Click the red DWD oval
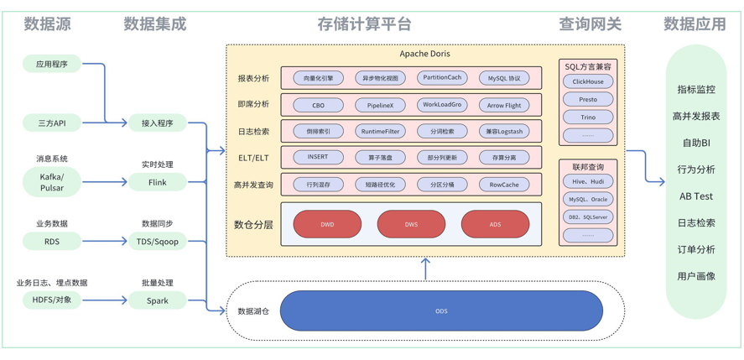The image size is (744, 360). tap(327, 224)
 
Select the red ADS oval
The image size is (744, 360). tap(495, 224)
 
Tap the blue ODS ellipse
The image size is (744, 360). tap(441, 311)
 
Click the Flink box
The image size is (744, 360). tap(157, 182)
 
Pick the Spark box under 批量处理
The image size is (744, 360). tap(157, 300)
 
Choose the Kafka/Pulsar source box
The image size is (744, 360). tap(52, 182)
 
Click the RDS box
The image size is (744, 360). tap(52, 242)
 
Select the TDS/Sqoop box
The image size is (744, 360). tap(157, 242)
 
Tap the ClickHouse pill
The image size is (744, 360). tap(588, 81)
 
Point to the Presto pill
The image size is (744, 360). tap(588, 99)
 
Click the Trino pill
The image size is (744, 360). tap(588, 117)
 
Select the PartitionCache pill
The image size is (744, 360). tap(442, 78)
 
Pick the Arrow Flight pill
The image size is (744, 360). tap(503, 105)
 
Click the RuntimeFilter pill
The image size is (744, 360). tap(380, 131)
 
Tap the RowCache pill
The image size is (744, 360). tap(503, 185)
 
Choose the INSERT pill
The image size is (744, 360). tap(318, 157)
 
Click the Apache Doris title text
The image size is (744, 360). tap(424, 54)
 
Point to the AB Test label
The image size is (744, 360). tap(695, 196)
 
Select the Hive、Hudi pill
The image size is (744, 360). tap(588, 181)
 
